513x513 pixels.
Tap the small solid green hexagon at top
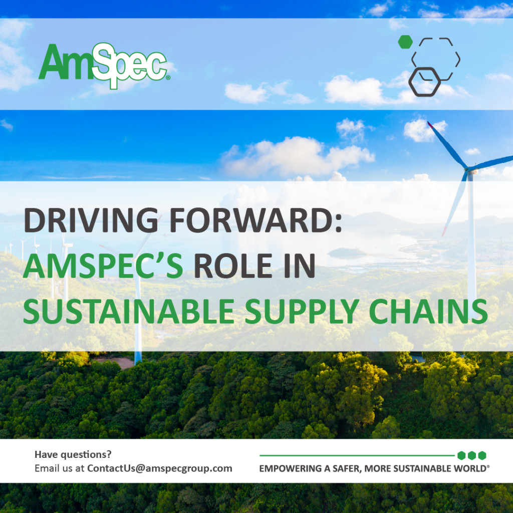[405, 42]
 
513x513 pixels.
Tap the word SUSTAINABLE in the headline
[128, 312]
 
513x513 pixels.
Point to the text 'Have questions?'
[73, 454]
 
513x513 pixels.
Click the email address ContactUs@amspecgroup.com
[159, 468]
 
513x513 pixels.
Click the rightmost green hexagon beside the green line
[482, 455]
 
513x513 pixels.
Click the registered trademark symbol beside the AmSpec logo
[168, 78]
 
